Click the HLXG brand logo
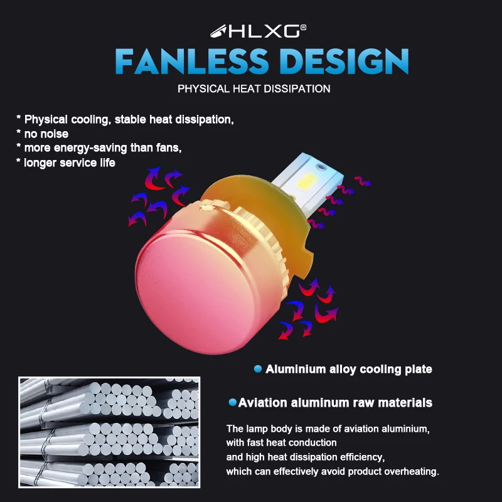tap(258, 30)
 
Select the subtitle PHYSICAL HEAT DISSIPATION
tap(254, 88)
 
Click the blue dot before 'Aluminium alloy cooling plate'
tap(257, 369)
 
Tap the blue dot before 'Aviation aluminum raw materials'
tap(233, 402)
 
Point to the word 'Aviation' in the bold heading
tap(264, 402)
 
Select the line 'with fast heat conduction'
tap(281, 442)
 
